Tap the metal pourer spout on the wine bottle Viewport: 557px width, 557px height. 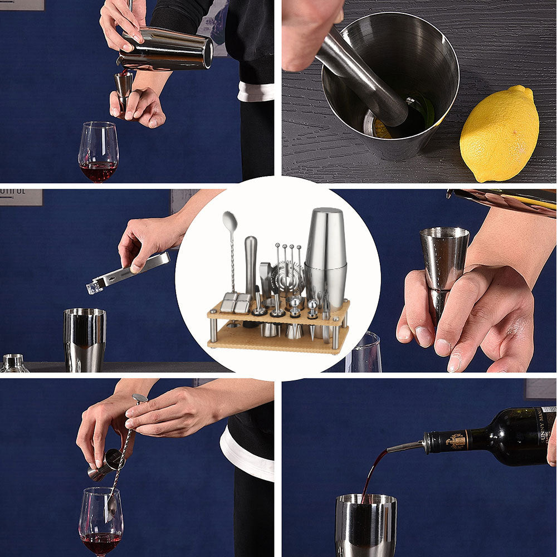pos(405,446)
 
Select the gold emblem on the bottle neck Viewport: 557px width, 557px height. pos(456,441)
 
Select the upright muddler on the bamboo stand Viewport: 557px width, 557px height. pos(251,265)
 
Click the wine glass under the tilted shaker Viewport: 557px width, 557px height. pos(98,152)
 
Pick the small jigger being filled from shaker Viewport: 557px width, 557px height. pos(123,86)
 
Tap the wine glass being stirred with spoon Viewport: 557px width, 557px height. pos(100,520)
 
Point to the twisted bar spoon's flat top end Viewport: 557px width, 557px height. pos(139,398)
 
